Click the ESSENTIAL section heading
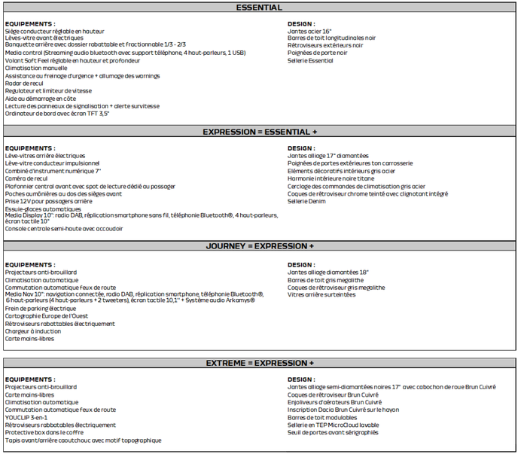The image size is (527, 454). [259, 8]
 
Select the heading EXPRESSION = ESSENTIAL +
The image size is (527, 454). [259, 132]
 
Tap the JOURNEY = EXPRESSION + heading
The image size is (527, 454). [259, 246]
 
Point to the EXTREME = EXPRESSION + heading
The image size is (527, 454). [259, 364]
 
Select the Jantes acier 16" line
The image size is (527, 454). [309, 31]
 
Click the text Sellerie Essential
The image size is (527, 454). [312, 61]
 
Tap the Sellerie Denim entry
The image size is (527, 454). [306, 202]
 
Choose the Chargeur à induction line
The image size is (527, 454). [35, 331]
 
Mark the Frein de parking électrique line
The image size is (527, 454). [41, 309]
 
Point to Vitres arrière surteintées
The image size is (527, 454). [321, 294]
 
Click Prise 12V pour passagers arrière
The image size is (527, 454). [49, 201]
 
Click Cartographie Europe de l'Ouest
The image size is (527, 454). [47, 316]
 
